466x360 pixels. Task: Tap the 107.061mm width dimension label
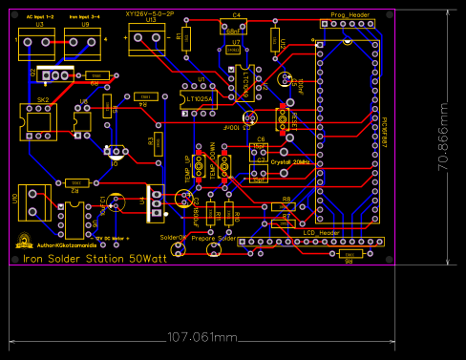click(201, 337)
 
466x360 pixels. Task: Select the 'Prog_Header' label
click(350, 15)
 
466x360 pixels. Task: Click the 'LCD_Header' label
click(322, 232)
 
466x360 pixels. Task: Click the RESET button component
click(283, 119)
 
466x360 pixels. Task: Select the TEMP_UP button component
click(199, 166)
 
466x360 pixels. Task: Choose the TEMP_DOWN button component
click(225, 166)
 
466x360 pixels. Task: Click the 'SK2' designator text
click(43, 99)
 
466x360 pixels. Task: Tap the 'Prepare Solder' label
click(214, 238)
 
